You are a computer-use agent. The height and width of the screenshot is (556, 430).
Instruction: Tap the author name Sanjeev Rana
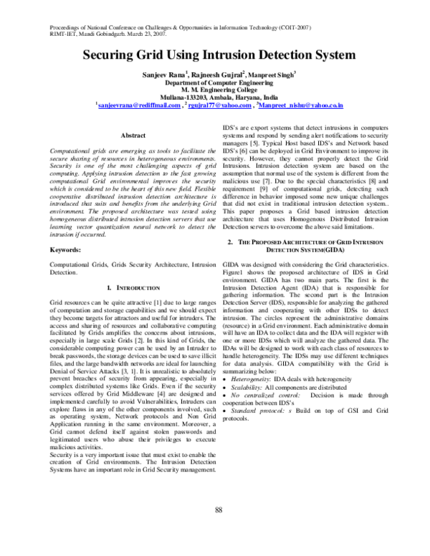(x=163, y=74)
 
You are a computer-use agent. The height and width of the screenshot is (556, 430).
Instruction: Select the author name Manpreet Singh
(x=276, y=74)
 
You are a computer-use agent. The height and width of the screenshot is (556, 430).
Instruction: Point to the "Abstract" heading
(x=135, y=135)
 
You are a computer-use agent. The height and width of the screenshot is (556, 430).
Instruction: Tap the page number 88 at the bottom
(x=219, y=509)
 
